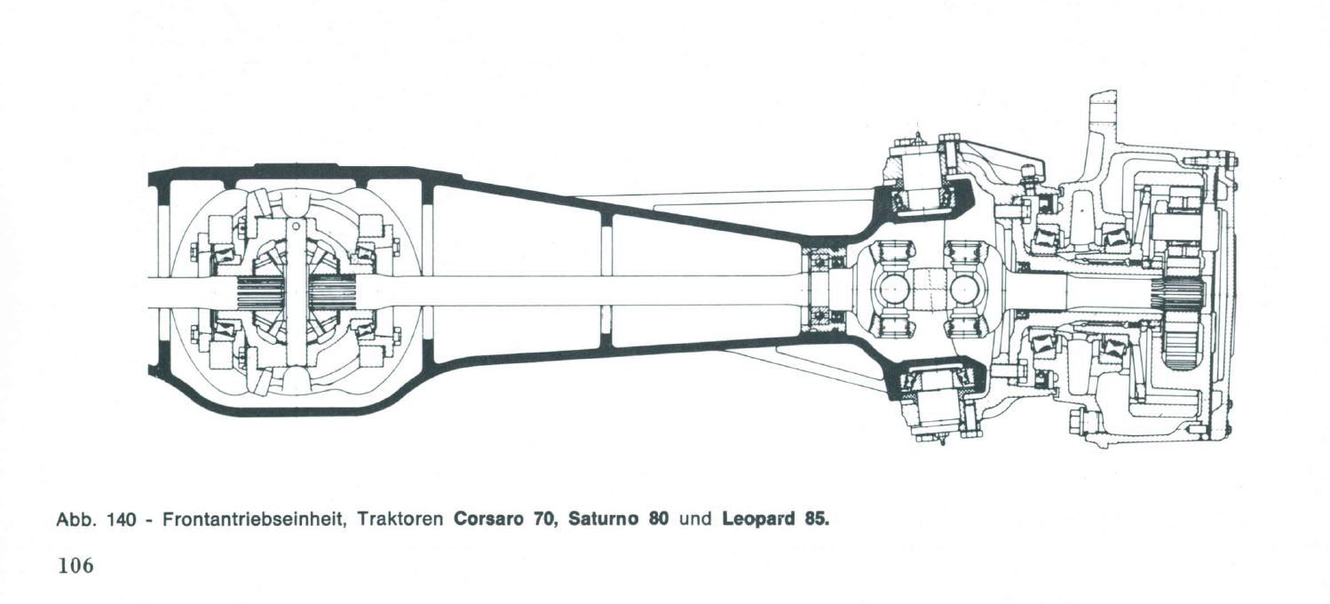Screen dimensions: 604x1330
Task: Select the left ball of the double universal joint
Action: tap(891, 290)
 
